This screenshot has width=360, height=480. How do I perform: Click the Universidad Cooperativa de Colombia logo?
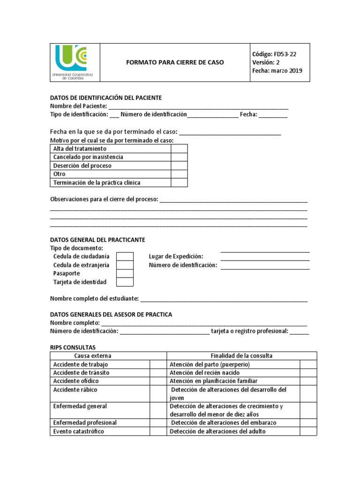(75, 62)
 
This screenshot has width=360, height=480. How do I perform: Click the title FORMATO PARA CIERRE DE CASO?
(175, 62)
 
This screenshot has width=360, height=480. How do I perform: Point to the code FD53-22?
(285, 54)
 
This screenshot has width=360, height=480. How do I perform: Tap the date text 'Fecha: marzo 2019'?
(277, 71)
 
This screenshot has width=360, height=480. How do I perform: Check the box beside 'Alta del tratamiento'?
(179, 149)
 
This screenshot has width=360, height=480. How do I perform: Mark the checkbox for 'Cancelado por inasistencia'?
(179, 157)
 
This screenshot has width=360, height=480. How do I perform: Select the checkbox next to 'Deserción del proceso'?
(179, 165)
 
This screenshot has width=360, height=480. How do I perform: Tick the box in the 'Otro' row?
(179, 174)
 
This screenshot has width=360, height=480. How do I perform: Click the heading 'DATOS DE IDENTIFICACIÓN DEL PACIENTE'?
(106, 97)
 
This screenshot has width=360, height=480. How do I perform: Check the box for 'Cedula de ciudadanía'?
(125, 256)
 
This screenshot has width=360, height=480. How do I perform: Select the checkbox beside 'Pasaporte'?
(125, 273)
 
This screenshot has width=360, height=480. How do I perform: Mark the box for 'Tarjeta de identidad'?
(125, 282)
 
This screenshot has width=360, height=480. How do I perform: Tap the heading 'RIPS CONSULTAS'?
(73, 347)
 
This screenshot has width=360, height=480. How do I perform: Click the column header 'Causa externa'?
(93, 356)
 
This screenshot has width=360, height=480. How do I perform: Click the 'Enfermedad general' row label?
(80, 406)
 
